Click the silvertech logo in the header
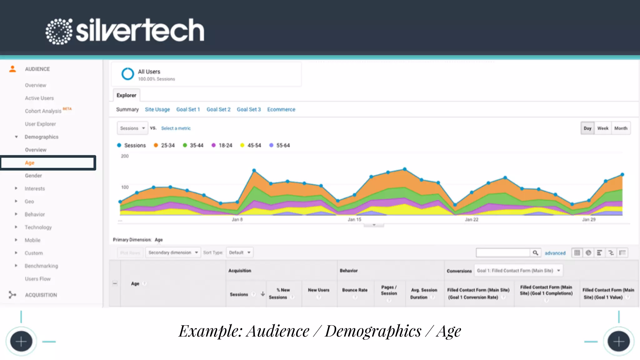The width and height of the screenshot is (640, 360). coord(125,31)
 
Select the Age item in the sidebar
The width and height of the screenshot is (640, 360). coord(30,163)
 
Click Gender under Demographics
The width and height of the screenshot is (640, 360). coord(33,176)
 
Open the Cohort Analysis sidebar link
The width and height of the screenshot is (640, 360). coord(43,111)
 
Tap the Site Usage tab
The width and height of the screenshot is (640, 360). coord(157,109)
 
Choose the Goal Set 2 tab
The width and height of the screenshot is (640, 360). coord(218,109)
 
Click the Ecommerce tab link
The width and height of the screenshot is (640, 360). coord(281,109)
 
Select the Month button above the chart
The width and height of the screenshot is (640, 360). coord(621,128)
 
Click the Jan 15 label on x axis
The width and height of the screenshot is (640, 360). coord(354,219)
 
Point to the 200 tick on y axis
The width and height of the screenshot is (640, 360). coord(125,156)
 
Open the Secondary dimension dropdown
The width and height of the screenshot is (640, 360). coord(173,252)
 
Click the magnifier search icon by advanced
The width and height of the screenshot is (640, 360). coord(535,252)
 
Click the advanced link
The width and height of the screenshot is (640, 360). coord(555,253)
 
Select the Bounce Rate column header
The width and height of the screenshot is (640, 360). coord(355,290)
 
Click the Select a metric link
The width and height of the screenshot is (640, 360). coord(176,128)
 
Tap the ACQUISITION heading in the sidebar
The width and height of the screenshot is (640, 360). coord(41,295)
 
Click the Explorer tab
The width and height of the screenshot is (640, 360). coord(126,95)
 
